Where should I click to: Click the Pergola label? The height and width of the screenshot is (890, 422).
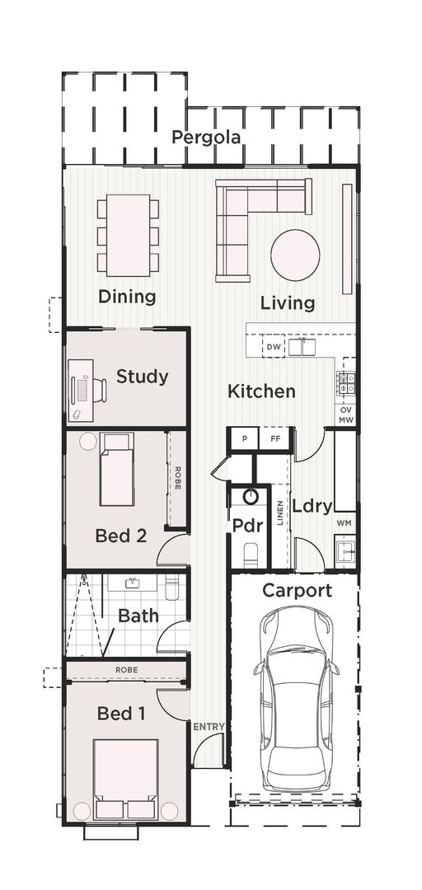click(206, 138)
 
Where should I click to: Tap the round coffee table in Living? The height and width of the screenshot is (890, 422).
click(295, 255)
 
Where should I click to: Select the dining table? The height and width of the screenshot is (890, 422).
click(128, 234)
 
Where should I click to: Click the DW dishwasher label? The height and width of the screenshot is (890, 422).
click(274, 348)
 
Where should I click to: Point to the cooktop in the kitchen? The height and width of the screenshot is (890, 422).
click(346, 382)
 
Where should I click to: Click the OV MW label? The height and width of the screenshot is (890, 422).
click(346, 415)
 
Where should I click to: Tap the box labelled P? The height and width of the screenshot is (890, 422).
click(244, 438)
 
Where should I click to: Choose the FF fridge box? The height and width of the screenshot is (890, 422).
click(274, 438)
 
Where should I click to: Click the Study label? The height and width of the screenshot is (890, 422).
click(142, 377)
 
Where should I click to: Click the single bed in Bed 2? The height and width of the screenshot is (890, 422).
click(116, 470)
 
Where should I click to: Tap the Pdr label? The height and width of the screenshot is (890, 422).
click(247, 525)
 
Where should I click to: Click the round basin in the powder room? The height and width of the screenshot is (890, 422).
click(251, 497)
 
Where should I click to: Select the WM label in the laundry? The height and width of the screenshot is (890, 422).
click(344, 523)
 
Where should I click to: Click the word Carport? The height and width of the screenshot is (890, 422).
click(297, 590)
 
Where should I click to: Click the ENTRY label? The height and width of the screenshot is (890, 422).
click(209, 727)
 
